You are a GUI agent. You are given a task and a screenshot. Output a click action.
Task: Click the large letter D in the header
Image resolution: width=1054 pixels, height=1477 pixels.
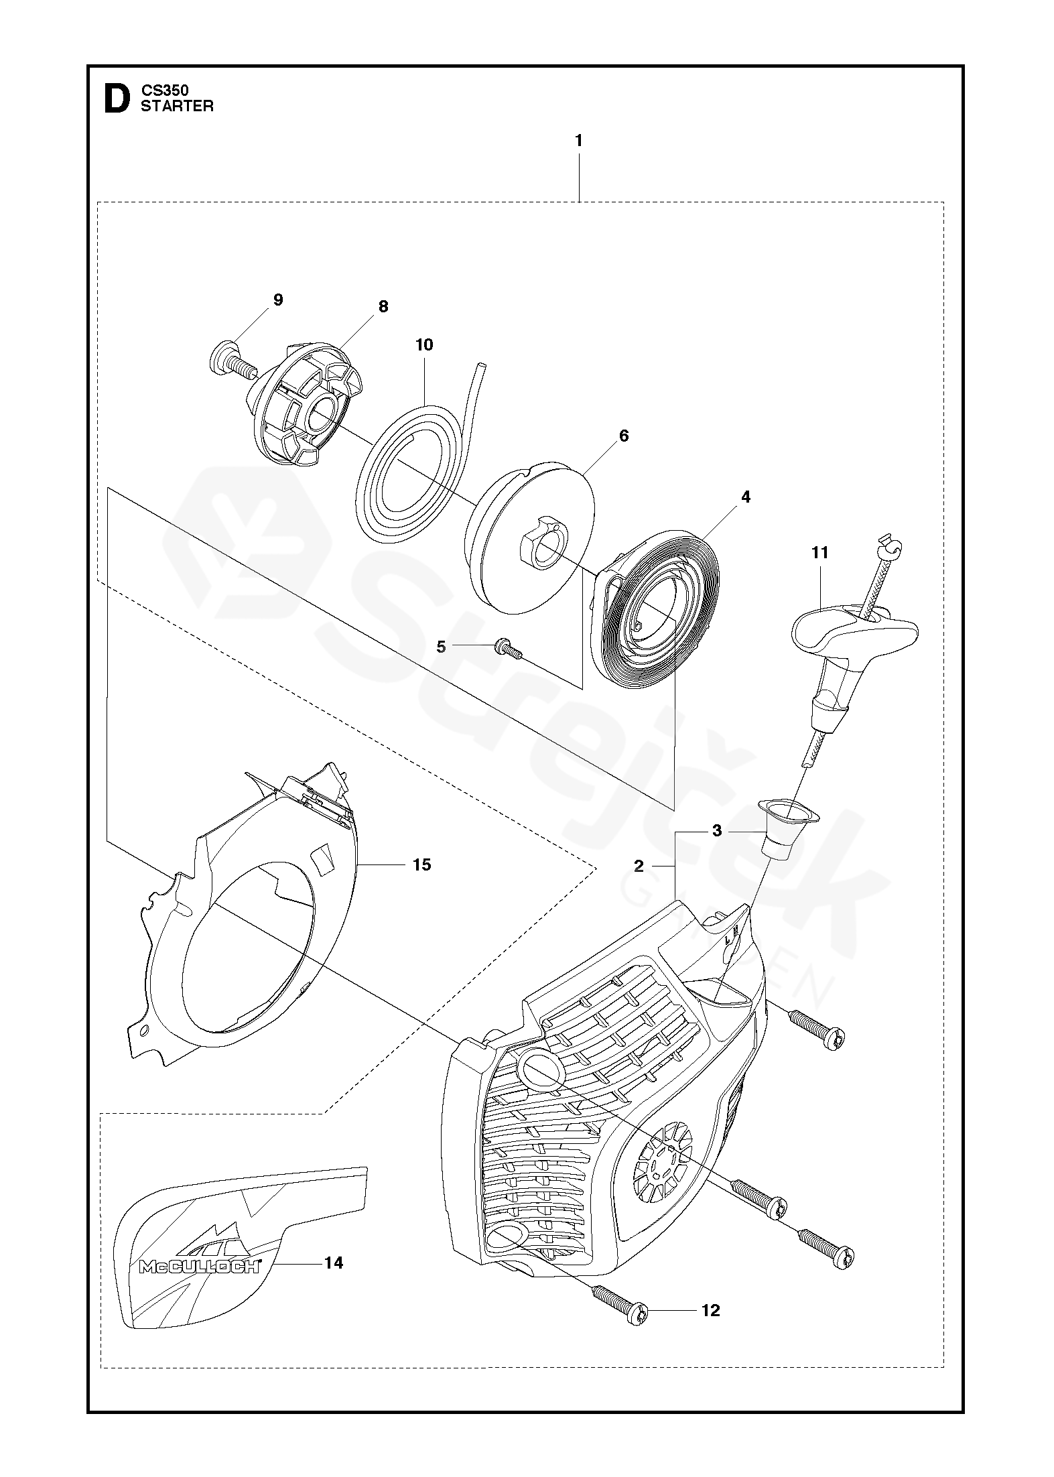pos(116,99)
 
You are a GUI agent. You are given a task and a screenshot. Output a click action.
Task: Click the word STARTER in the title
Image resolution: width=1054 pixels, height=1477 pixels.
pos(177,106)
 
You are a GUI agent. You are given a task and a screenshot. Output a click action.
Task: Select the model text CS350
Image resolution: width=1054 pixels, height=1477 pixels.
pos(165,90)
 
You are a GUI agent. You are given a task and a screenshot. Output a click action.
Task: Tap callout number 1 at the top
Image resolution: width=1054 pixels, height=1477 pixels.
pos(578,141)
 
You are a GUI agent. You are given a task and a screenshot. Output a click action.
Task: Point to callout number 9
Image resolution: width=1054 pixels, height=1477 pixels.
pos(278,300)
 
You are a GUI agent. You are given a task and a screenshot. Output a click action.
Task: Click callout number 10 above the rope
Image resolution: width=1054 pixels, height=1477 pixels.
pos(424,344)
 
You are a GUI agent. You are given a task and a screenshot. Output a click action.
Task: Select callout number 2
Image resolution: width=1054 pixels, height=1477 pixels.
pos(639,866)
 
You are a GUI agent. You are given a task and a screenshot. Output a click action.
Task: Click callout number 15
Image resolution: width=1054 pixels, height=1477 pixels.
pos(421,864)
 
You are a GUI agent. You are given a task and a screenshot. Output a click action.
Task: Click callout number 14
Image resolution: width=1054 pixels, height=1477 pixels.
pos(333,1263)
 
